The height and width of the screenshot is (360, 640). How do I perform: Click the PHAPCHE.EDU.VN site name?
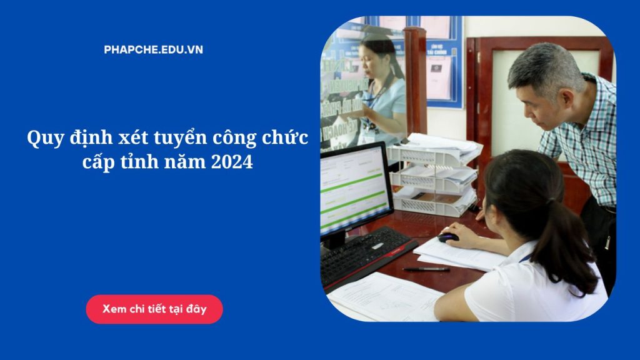point(153,50)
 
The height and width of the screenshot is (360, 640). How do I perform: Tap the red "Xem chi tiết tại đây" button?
point(154,309)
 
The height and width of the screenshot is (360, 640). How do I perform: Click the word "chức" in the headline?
point(286,137)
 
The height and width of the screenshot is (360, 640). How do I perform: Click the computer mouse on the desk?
point(448,237)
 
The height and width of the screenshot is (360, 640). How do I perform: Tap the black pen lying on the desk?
point(426,269)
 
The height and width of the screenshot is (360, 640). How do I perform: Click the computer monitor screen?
point(353,187)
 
